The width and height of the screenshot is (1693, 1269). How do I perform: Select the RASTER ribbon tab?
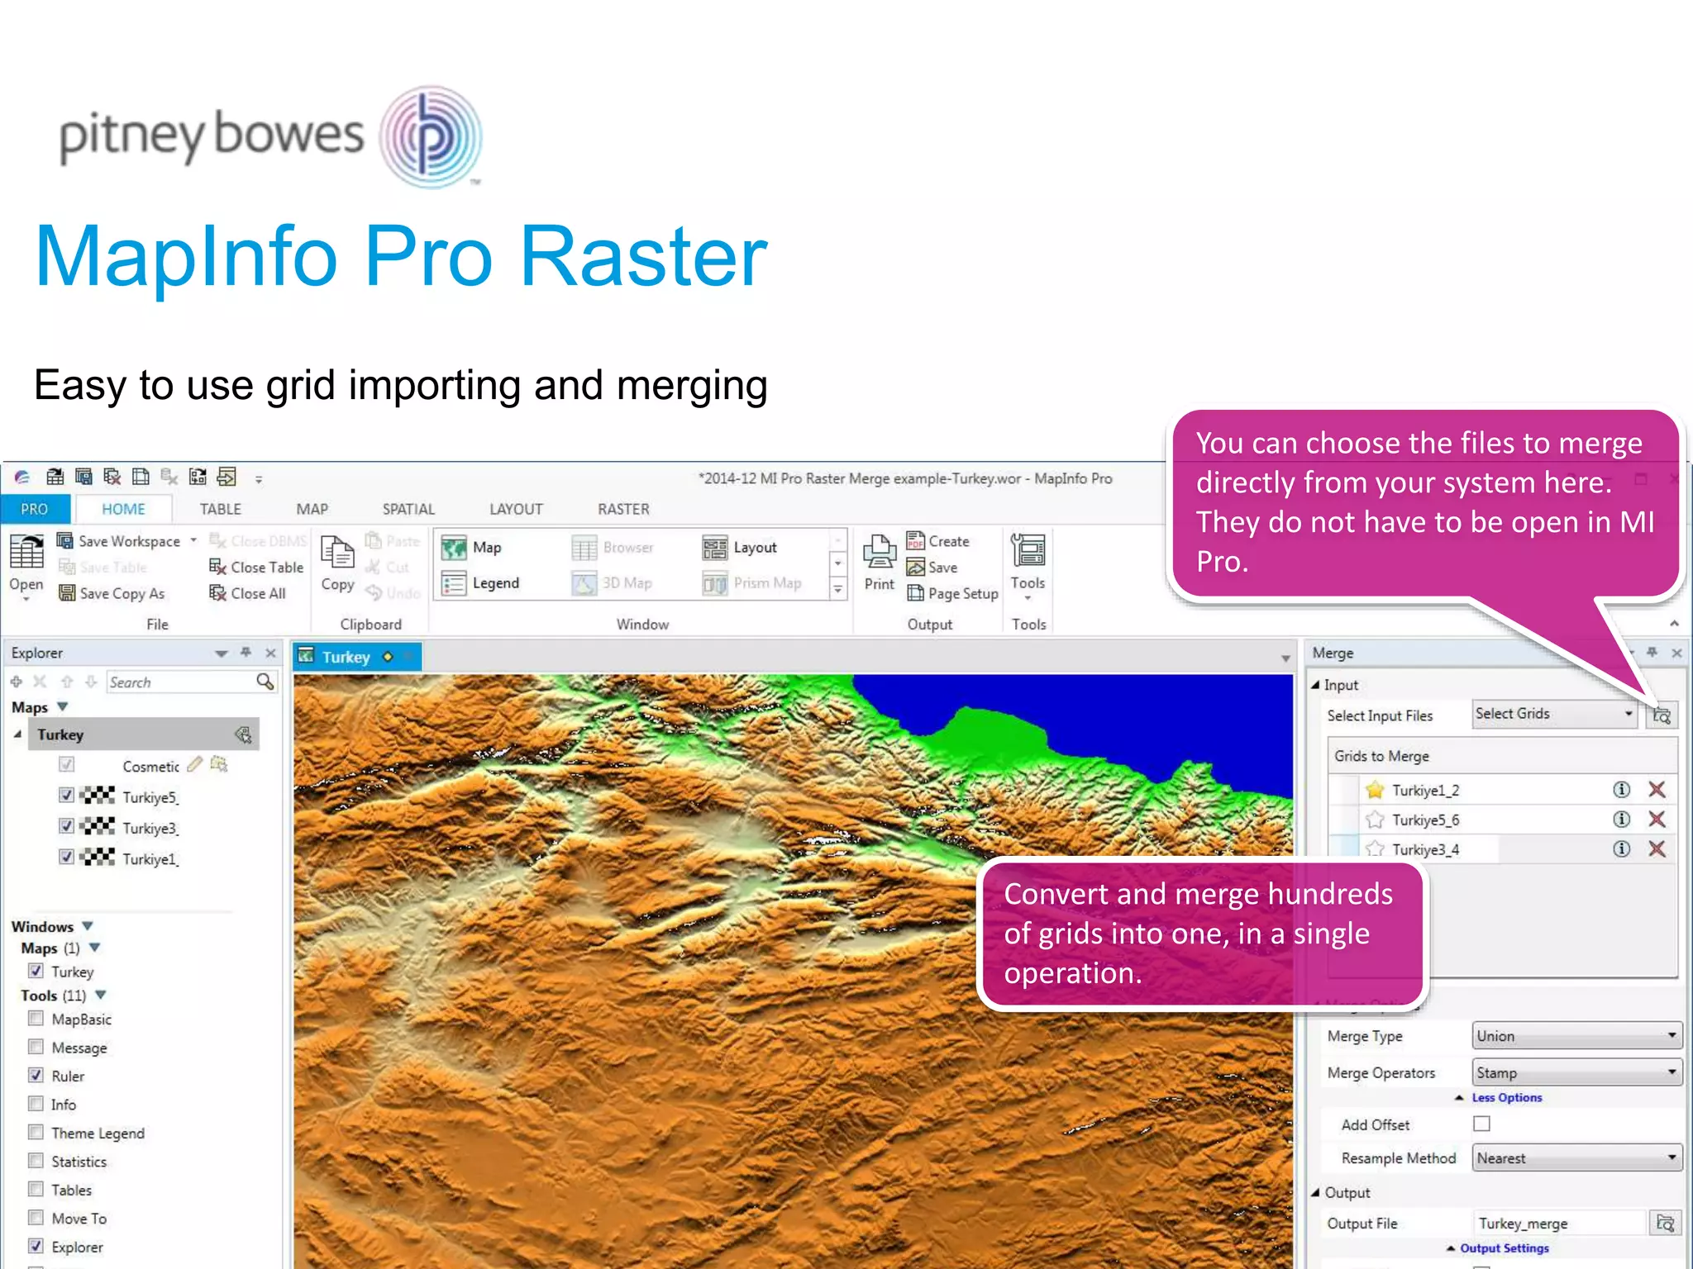click(623, 509)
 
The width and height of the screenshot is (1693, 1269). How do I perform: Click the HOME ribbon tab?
click(123, 509)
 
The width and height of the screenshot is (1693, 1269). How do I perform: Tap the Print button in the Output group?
click(879, 562)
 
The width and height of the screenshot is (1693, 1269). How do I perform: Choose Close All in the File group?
click(248, 593)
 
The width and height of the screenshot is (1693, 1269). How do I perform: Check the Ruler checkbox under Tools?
click(36, 1075)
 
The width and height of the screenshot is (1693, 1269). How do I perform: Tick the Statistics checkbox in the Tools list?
click(36, 1161)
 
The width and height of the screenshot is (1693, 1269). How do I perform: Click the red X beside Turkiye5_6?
click(1657, 819)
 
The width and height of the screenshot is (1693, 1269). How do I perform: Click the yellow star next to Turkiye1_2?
click(1375, 790)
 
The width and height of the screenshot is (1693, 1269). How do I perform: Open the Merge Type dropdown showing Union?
click(1576, 1035)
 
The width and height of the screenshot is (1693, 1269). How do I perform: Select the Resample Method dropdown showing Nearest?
click(1576, 1157)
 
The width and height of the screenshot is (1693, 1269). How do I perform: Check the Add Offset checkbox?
click(1481, 1124)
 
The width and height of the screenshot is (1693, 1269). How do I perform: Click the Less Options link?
click(1506, 1097)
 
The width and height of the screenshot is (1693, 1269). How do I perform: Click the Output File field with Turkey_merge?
click(1558, 1223)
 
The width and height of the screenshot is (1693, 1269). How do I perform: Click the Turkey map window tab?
click(346, 657)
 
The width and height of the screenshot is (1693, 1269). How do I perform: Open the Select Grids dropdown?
click(1553, 714)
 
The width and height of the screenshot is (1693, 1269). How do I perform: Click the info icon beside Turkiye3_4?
click(1621, 848)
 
